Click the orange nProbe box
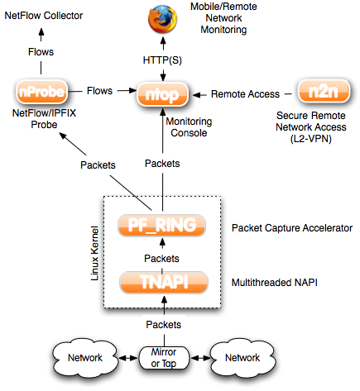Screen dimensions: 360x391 [x=42, y=92]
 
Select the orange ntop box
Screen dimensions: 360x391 [x=163, y=94]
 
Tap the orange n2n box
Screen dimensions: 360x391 [x=324, y=91]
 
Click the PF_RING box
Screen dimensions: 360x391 [x=162, y=226]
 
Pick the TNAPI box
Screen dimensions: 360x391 [x=164, y=282]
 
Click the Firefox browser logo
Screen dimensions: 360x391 [x=162, y=19]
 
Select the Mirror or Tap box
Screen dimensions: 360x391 [x=164, y=358]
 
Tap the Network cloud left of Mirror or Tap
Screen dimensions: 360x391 [x=85, y=358]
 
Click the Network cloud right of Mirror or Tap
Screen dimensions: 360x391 [x=242, y=358]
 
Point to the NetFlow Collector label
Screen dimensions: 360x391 [x=44, y=16]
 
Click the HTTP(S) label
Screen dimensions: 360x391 [x=162, y=60]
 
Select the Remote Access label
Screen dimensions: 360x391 [x=245, y=94]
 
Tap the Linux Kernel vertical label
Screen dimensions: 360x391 [x=94, y=253]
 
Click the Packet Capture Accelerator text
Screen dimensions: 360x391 [x=292, y=228]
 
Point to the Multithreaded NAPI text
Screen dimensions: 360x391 [x=275, y=283]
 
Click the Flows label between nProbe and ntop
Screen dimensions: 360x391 [x=99, y=91]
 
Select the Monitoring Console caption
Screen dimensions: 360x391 [x=189, y=127]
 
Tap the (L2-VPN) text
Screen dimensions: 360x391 [x=311, y=139]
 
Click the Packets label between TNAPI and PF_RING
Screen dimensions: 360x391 [x=161, y=259]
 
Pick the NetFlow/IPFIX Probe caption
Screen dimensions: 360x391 [x=44, y=119]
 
